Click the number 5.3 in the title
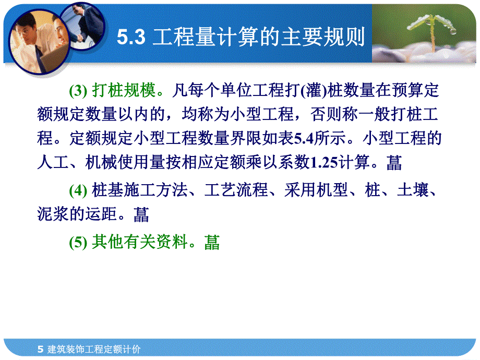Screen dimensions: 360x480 (130, 37)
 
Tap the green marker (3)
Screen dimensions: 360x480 (78, 91)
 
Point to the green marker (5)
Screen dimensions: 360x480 (78, 242)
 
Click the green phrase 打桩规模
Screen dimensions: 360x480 (124, 91)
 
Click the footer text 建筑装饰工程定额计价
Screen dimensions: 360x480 (93, 349)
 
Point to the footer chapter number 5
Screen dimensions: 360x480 (41, 349)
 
